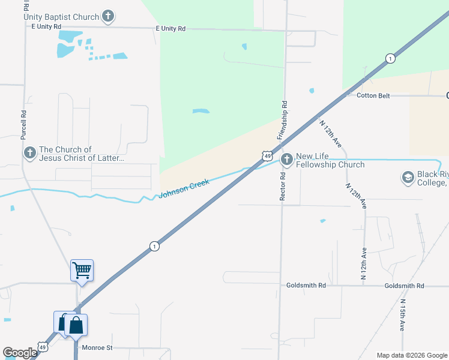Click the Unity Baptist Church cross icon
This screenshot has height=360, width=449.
(108, 16)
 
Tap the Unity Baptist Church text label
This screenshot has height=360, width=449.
(61, 17)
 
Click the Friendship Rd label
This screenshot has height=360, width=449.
(282, 120)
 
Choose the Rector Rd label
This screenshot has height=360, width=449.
(282, 187)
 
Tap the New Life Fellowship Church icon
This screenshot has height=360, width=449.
(287, 160)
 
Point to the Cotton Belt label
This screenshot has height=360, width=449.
(374, 95)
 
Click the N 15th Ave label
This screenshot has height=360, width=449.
(403, 316)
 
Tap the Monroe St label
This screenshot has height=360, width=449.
(98, 347)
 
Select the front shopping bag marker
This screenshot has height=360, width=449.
(76, 326)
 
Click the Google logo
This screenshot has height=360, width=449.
(20, 353)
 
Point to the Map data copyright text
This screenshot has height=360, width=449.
(412, 355)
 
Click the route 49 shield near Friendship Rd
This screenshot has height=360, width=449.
(266, 155)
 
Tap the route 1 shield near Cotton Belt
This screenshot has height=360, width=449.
(391, 58)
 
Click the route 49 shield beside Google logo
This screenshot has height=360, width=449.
(42, 347)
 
